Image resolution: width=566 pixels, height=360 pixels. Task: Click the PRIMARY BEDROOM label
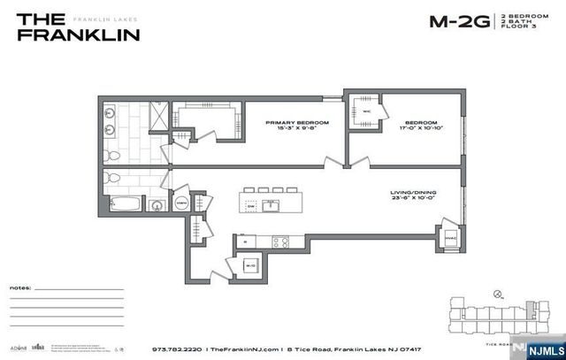point(297,123)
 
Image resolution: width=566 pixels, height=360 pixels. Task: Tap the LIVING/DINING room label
point(412,192)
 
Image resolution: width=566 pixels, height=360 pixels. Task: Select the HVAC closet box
point(447,237)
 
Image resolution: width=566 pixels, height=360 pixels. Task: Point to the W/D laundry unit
point(251,264)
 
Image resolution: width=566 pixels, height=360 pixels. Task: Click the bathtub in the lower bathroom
point(125,205)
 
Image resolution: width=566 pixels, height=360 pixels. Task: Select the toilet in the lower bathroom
point(111,180)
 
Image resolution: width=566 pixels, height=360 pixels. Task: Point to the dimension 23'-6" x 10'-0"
point(412,199)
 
